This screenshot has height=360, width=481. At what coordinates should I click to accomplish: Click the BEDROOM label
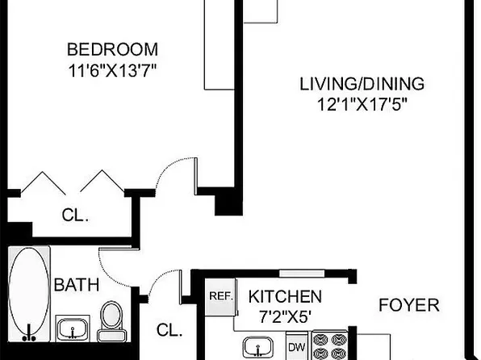(x=112, y=48)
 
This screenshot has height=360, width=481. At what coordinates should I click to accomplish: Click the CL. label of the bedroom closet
(x=76, y=216)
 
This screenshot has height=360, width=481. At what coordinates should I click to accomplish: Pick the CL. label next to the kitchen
(x=169, y=330)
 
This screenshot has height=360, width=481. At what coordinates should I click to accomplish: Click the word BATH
(x=76, y=284)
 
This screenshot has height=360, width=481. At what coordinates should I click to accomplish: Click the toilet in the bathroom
(x=111, y=321)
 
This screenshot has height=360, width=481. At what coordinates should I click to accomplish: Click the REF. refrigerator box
(x=220, y=296)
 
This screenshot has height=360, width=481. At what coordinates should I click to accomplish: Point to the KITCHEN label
(x=285, y=296)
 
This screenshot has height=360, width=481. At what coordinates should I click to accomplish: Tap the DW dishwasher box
(x=296, y=347)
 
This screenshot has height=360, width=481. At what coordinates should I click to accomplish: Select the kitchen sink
(x=261, y=346)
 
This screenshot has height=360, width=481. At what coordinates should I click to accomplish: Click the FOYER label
(x=409, y=305)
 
